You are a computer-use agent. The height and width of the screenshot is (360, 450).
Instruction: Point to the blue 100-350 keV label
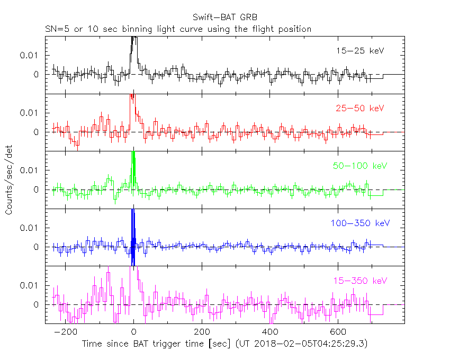[355, 223]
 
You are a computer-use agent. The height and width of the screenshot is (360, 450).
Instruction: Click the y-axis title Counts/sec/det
[9, 180]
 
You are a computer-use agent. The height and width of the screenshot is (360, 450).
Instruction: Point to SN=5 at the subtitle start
[56, 29]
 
